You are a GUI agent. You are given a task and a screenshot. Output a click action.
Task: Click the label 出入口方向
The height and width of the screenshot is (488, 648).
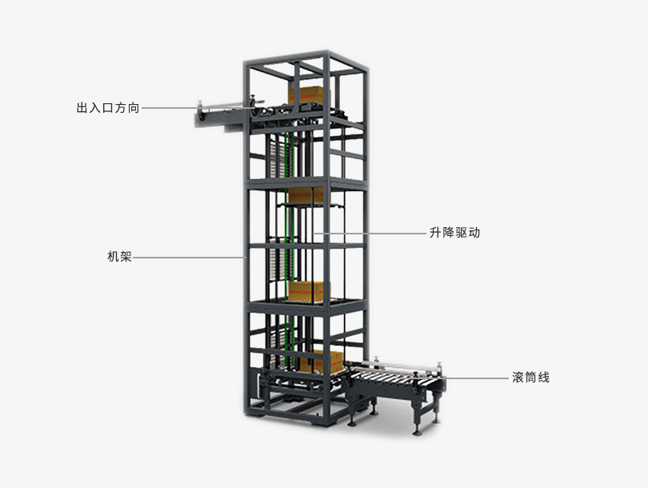[x=108, y=108]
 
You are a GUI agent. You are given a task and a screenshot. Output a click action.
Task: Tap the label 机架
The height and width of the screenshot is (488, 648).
[x=119, y=257]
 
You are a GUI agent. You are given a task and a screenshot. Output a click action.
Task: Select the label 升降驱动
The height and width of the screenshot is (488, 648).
[x=454, y=233]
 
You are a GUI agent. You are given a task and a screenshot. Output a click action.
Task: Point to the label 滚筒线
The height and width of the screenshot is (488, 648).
[x=530, y=378]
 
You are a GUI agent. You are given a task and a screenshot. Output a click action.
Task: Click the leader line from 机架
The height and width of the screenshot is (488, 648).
[x=190, y=258]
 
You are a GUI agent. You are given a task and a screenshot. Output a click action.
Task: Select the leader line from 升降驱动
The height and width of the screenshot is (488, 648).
[x=369, y=233]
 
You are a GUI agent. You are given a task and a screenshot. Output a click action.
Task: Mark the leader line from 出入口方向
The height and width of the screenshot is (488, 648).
[x=198, y=108]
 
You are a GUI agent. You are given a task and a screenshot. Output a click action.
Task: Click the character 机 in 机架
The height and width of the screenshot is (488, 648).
[x=114, y=257]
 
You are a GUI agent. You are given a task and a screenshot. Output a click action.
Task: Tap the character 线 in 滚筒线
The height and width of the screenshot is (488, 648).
[x=543, y=378]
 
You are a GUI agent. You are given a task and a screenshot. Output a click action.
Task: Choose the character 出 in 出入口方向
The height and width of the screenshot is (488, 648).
[x=82, y=108]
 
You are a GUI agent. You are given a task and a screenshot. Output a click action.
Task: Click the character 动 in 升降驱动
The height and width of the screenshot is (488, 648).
[x=474, y=233]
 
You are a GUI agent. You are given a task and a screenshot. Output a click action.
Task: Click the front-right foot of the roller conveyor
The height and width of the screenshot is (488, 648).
[x=418, y=432]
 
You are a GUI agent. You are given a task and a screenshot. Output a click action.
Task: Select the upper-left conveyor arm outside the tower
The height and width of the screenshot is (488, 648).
[x=223, y=114]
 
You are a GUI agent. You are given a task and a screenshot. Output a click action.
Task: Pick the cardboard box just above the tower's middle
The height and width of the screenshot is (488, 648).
[x=306, y=195]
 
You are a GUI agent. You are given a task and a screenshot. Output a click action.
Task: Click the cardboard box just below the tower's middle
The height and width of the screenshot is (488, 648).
[x=306, y=291]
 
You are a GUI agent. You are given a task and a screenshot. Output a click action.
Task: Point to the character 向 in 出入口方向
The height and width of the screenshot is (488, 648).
[x=134, y=108]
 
